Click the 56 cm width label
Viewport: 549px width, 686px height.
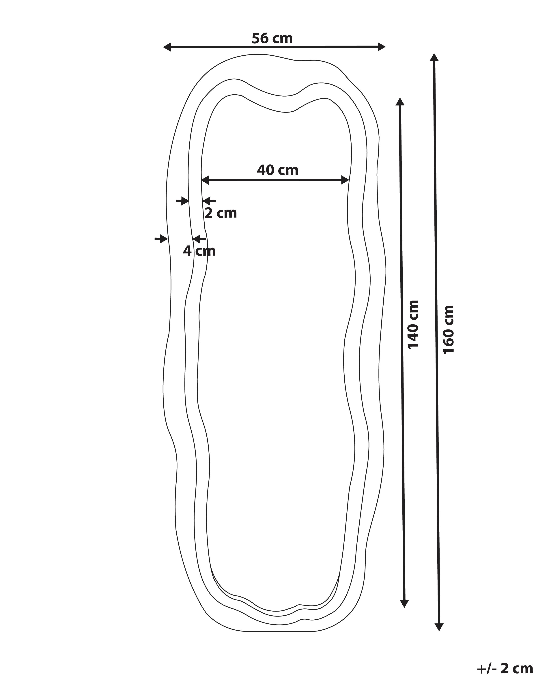(x=272, y=38)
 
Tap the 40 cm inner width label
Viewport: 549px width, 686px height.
(x=278, y=170)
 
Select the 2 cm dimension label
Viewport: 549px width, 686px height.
(x=221, y=213)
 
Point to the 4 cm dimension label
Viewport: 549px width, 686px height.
(x=199, y=251)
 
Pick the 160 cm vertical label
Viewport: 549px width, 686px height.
(x=448, y=329)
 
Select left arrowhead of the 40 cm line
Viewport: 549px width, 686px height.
(x=205, y=180)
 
